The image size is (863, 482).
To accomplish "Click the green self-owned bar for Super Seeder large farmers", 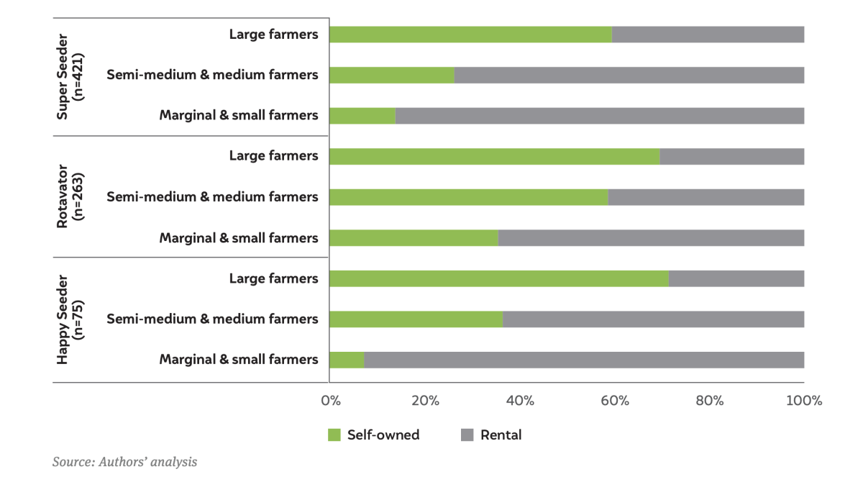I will [470, 35].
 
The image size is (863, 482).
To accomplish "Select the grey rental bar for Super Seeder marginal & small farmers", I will [599, 115].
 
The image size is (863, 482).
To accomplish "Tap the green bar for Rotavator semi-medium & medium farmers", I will [468, 197].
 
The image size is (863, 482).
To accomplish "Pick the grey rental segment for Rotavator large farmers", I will [731, 156].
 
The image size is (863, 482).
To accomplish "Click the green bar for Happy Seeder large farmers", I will [498, 278].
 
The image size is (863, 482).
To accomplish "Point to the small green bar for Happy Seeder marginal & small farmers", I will [347, 360].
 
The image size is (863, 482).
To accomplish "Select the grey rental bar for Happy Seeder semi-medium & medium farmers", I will [653, 319].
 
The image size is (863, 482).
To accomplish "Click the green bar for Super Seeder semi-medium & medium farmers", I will [392, 75].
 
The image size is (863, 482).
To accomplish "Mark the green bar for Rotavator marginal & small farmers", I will [414, 237].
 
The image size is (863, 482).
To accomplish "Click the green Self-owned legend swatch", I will [334, 435].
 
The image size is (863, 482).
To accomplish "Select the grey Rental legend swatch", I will [467, 435].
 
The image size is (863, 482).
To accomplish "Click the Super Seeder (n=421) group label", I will [71, 75].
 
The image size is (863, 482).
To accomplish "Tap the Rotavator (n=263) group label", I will [71, 197].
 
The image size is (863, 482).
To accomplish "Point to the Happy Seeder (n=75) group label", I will [71, 319].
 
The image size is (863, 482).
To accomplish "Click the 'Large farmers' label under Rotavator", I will [273, 156].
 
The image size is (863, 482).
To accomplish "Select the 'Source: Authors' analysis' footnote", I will [124, 462].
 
